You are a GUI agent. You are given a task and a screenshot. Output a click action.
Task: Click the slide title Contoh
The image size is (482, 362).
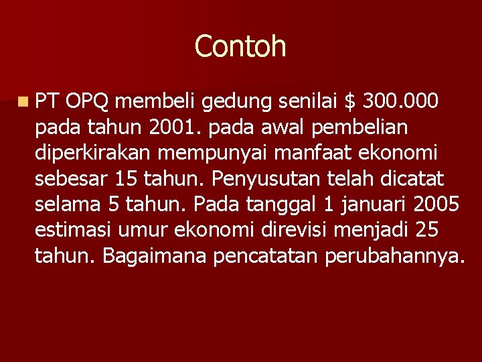240,46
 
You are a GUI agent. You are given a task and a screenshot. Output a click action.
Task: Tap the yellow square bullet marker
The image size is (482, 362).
24,103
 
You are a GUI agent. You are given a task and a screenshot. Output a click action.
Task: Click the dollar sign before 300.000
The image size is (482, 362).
349,101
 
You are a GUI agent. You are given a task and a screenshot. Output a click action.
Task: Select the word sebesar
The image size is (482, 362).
71,178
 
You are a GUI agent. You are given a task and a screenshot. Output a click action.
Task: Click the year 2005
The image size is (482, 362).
437,204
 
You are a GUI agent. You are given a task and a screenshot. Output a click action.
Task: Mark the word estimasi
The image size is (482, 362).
73,229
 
